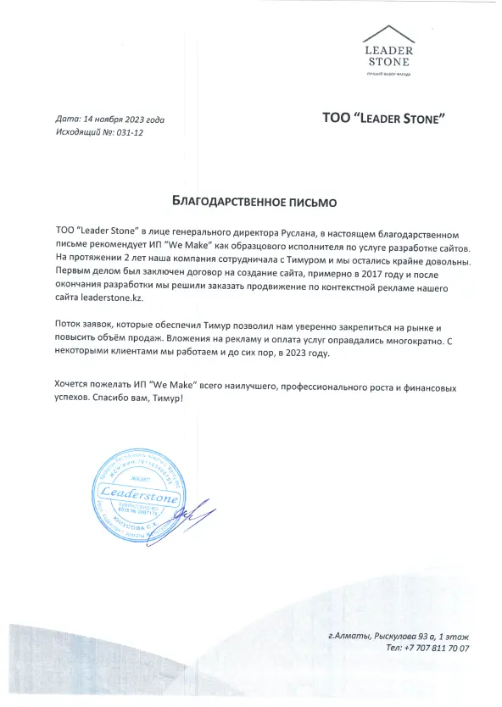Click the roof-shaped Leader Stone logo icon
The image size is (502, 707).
tap(389, 35)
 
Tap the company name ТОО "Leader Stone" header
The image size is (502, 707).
tap(384, 118)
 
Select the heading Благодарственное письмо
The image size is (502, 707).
tap(254, 203)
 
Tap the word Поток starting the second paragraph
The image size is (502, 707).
tap(69, 326)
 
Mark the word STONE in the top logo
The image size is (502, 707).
tap(389, 62)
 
